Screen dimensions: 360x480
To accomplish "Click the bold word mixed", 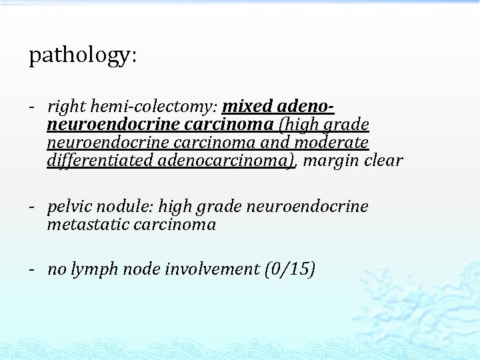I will click(247, 107).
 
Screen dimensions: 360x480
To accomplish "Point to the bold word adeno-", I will click(305, 107).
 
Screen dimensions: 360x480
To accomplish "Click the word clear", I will click(383, 161).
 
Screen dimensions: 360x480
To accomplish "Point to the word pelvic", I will click(67, 207).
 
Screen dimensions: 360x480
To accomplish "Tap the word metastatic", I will click(87, 225).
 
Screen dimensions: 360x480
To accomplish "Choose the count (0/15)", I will click(289, 269).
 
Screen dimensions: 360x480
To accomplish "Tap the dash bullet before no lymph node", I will click(32, 269).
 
